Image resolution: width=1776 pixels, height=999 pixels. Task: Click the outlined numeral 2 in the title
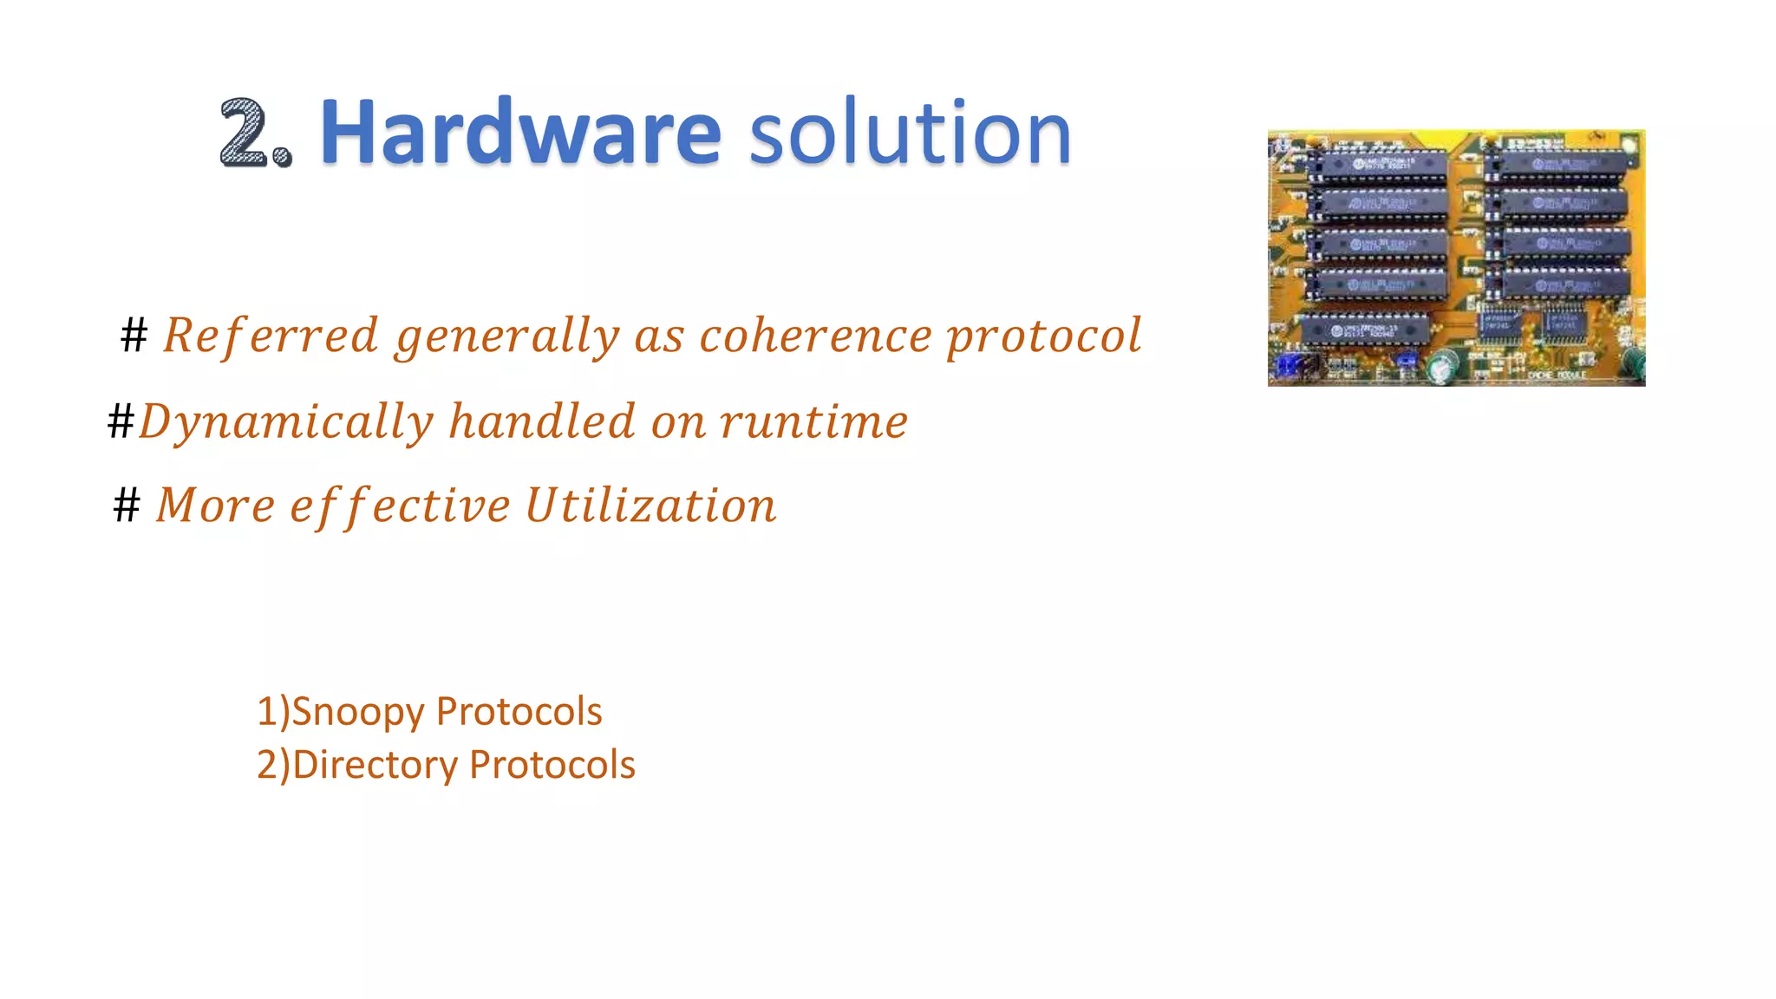245,132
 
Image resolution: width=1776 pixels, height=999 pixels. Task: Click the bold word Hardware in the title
520,132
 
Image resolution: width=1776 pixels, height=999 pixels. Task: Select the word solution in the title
910,134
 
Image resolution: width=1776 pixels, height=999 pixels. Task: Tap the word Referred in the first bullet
271,336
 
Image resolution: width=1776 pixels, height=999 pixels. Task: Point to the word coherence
815,336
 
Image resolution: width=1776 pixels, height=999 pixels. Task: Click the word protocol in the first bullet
1044,337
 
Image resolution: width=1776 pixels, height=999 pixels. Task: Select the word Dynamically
285,422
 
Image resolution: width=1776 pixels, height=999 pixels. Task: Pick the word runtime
813,422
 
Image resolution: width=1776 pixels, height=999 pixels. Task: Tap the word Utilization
650,505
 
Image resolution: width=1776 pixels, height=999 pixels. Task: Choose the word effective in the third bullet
400,506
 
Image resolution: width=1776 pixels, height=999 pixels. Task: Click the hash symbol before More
127,505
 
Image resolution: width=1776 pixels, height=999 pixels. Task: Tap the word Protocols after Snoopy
519,711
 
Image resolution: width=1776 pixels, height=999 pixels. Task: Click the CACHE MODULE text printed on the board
1557,375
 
